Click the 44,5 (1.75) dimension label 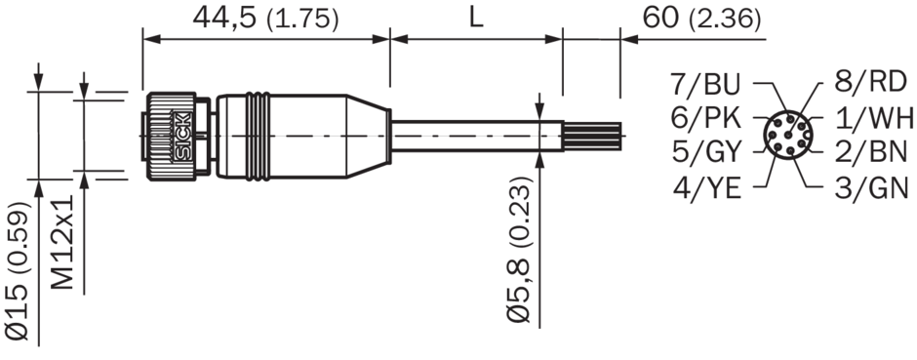[x=265, y=19]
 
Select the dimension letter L [x=477, y=19]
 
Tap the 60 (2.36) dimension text [x=701, y=19]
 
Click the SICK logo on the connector [x=181, y=136]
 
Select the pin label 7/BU [x=705, y=85]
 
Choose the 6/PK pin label [x=706, y=119]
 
